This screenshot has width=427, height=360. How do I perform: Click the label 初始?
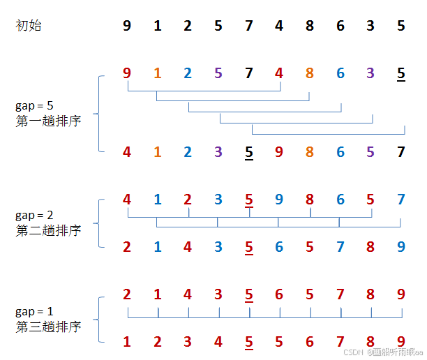coord(29,27)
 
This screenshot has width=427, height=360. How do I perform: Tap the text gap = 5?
coord(34,106)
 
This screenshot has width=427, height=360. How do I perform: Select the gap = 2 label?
coord(34,216)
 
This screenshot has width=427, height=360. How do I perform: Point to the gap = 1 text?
coord(34,311)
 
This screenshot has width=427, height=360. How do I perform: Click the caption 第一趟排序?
coord(48,121)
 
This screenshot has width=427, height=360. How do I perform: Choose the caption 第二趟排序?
coord(48,230)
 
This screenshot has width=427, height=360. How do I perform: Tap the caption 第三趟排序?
coord(48,326)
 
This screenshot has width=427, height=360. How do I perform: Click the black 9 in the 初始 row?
coord(126,27)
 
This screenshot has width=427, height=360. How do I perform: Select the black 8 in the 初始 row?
coord(309,27)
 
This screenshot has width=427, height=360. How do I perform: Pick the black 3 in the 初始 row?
coord(370,27)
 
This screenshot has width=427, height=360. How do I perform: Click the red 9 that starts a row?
coord(126,73)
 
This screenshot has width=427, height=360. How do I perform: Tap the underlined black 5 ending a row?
coord(400,73)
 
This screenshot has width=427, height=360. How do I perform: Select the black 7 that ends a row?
coord(400,151)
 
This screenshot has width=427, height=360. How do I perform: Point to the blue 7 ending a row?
coord(400,200)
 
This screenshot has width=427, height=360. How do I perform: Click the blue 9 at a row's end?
coord(400,246)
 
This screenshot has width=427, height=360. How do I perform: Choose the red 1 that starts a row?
coord(126,342)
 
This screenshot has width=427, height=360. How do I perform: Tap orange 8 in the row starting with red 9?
coord(309,73)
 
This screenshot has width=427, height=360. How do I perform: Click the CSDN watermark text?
coord(384,352)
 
